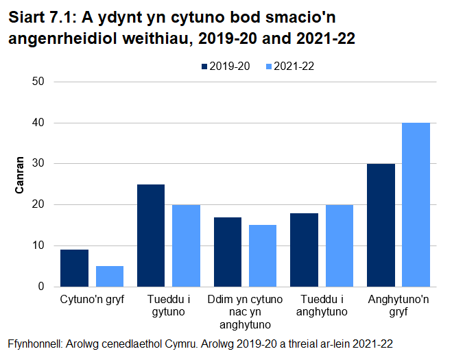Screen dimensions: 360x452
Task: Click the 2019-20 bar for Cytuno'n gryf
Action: pyautogui.click(x=74, y=268)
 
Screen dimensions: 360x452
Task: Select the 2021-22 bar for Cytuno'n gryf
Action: pyautogui.click(x=109, y=276)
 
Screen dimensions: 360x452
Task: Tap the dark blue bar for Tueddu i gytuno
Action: pyautogui.click(x=151, y=235)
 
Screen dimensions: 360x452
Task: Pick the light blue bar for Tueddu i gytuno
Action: pyautogui.click(x=186, y=245)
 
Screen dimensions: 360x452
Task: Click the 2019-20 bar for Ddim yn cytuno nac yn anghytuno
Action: pyautogui.click(x=228, y=252)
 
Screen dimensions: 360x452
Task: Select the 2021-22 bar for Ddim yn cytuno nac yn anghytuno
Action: pyautogui.click(x=263, y=256)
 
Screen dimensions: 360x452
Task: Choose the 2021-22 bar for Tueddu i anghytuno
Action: pyautogui.click(x=340, y=245)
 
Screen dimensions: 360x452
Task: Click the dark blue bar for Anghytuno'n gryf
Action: pyautogui.click(x=381, y=225)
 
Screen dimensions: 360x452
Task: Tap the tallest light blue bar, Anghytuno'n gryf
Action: pyautogui.click(x=416, y=204)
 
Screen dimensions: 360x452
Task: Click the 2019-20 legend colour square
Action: pyautogui.click(x=204, y=67)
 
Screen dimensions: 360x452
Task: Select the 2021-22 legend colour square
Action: pyautogui.click(x=269, y=67)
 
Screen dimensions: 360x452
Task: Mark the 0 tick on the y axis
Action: pyautogui.click(x=41, y=287)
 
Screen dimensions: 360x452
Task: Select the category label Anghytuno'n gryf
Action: pyautogui.click(x=399, y=307)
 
